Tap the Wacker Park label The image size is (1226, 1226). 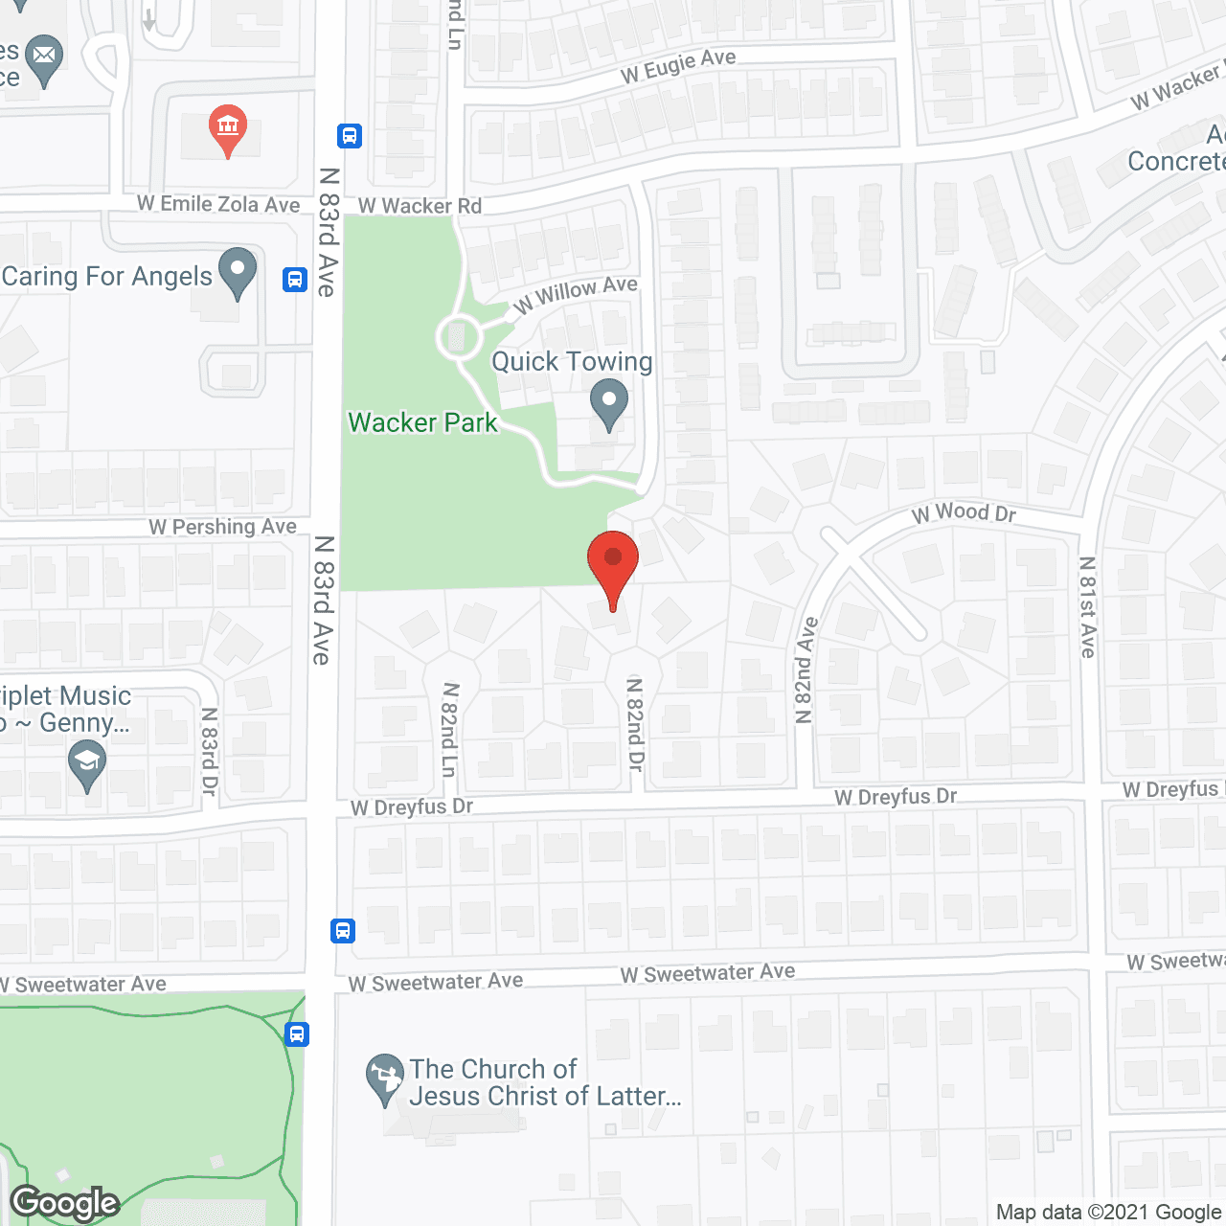(x=422, y=422)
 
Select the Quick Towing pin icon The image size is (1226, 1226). (x=608, y=403)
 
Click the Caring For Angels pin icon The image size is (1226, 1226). (x=238, y=272)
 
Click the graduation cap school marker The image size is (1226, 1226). (x=87, y=766)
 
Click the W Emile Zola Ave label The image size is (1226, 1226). (x=218, y=204)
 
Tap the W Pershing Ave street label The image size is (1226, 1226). (x=222, y=527)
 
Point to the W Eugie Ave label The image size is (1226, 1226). (x=678, y=65)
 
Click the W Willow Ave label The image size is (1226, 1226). (x=576, y=293)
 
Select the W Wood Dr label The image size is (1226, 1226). (x=964, y=513)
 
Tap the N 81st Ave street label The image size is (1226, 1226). (x=1087, y=607)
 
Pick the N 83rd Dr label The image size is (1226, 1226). (x=210, y=752)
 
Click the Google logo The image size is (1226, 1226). (x=65, y=1203)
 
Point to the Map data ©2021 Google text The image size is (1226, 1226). (x=1109, y=1213)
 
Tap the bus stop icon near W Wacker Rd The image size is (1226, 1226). (x=350, y=136)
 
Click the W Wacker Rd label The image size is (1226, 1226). (x=420, y=206)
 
